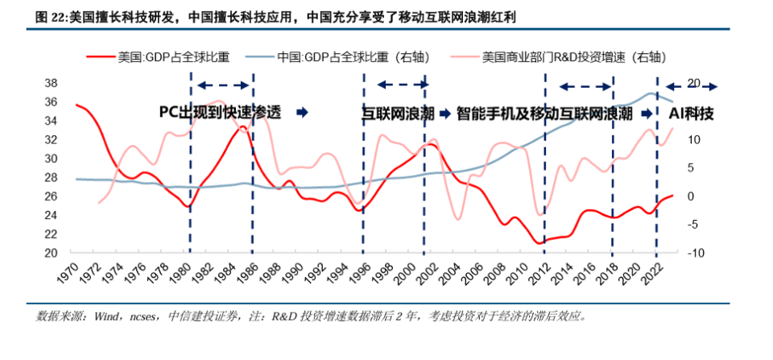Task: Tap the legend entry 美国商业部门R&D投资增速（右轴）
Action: [578, 57]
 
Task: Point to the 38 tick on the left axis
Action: [50, 83]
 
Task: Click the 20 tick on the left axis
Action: [50, 253]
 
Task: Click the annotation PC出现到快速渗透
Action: [221, 113]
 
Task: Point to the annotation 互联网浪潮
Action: [397, 114]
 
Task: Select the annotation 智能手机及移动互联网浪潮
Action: [544, 114]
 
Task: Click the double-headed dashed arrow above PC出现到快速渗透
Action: [225, 85]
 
